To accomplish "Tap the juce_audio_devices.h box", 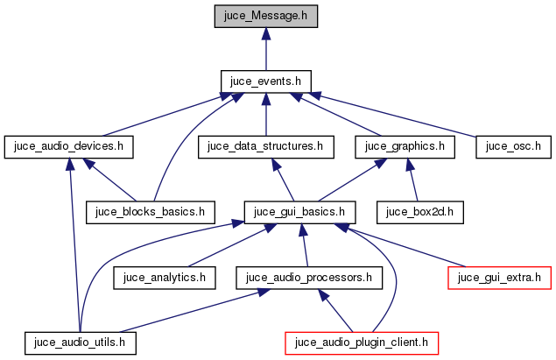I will tap(69, 146).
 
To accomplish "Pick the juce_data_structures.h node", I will tap(266, 146).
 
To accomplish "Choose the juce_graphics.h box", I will tap(405, 146).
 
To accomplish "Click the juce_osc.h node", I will tap(513, 146).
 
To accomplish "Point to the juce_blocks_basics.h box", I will tap(151, 211).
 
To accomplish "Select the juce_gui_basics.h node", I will tap(300, 211).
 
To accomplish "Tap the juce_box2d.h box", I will tap(419, 211).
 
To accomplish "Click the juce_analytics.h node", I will tap(165, 278).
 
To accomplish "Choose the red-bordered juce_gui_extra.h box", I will tap(499, 278).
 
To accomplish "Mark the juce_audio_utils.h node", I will tap(81, 341).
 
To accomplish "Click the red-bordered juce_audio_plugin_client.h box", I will tap(361, 341).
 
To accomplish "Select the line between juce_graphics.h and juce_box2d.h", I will tap(412, 180).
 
